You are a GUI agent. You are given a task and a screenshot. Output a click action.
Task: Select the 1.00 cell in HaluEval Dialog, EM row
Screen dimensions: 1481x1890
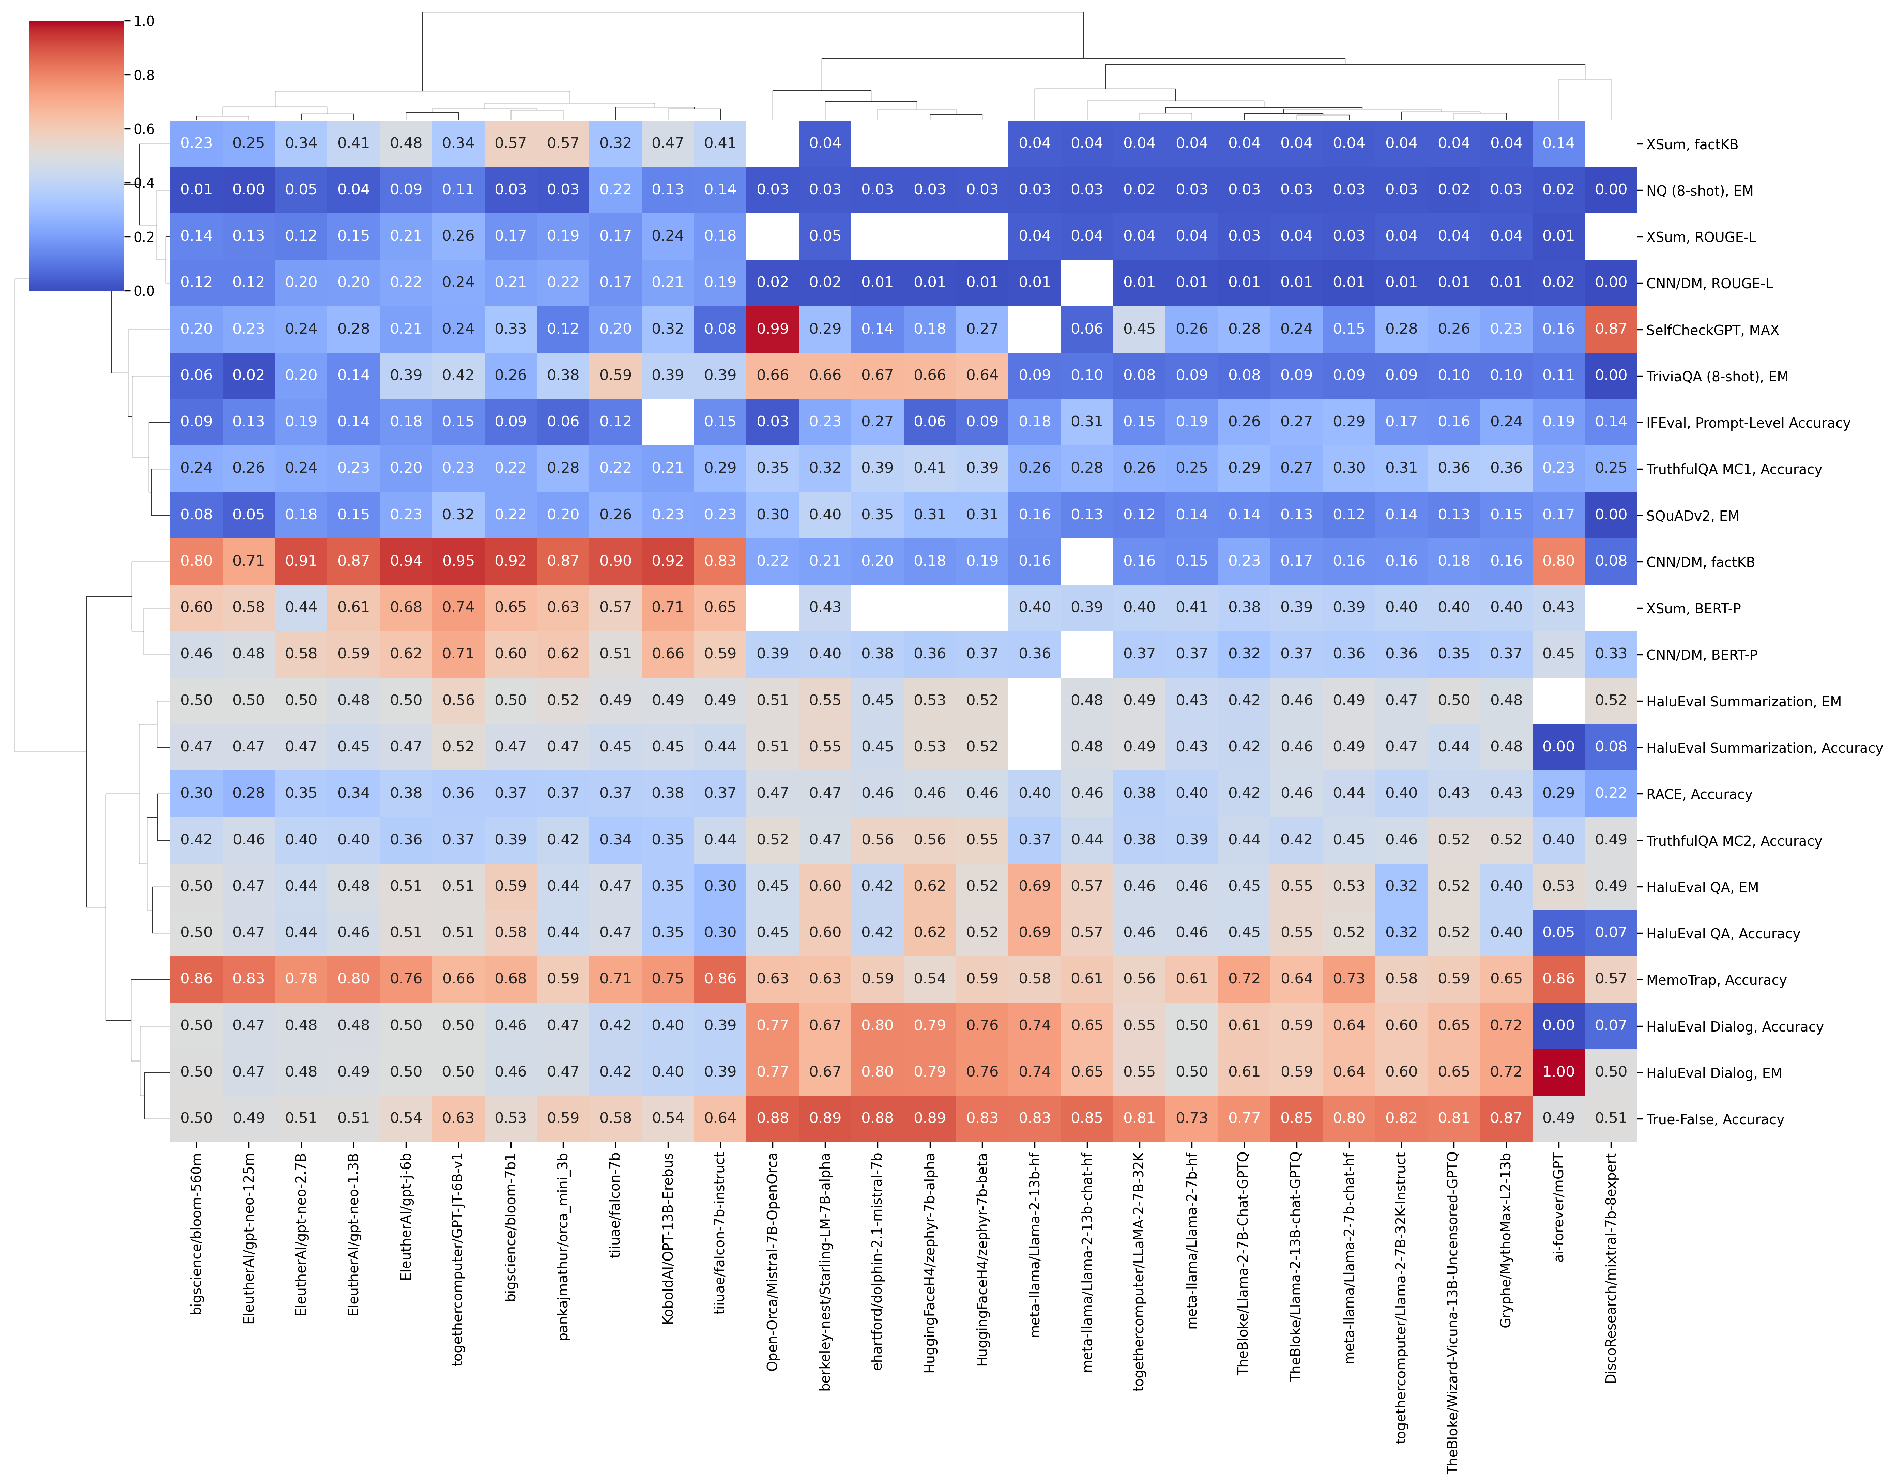(x=1558, y=1072)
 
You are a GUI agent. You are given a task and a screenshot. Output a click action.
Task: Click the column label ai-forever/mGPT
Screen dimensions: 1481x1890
(x=1558, y=1207)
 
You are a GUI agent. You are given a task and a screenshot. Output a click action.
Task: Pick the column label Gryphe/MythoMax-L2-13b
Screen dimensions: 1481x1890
(x=1506, y=1240)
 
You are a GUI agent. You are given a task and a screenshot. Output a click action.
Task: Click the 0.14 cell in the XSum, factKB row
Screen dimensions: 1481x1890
(x=1558, y=143)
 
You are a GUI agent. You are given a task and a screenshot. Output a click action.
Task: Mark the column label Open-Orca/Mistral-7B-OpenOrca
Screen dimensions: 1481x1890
(x=773, y=1262)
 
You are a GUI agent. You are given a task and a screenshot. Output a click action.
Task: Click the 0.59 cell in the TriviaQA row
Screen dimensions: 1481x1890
(x=615, y=376)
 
